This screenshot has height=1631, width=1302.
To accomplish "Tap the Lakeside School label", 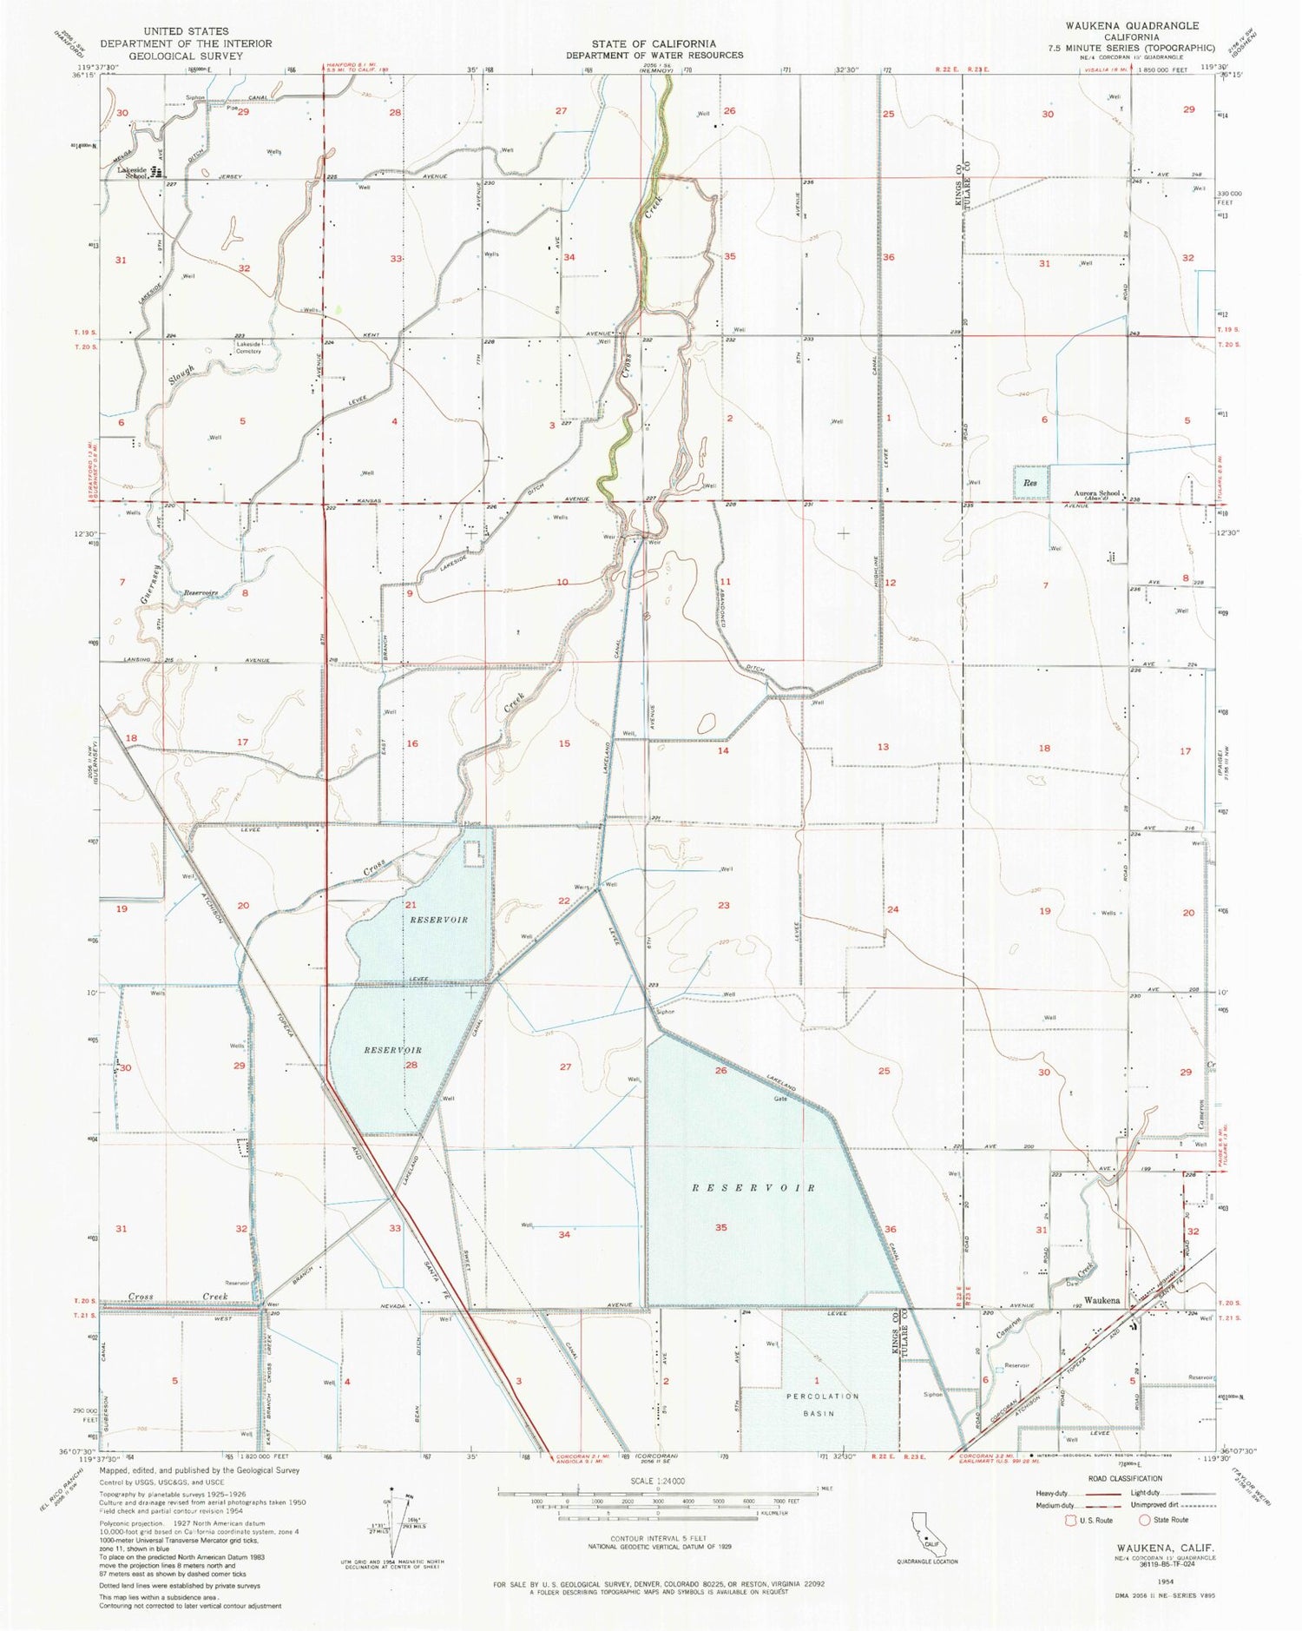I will click(x=133, y=172).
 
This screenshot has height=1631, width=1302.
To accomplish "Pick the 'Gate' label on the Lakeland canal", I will click(x=780, y=1099).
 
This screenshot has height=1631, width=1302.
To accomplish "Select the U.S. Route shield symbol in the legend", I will click(x=1072, y=1520).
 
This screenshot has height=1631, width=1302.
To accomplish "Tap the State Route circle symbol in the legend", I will click(x=1145, y=1520).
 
